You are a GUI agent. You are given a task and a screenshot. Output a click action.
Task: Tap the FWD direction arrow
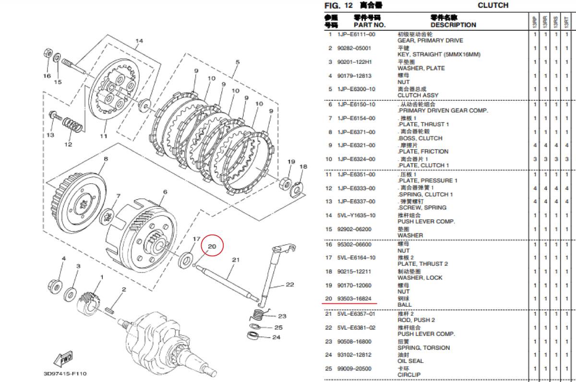coord(65,359)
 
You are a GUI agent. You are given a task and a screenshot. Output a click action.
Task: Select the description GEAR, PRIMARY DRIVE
coord(430,41)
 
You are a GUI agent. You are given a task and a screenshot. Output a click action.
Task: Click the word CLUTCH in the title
coord(493,5)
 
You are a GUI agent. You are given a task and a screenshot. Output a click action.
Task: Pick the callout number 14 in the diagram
coord(139,41)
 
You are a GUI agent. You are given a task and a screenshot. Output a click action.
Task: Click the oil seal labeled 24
coord(254,334)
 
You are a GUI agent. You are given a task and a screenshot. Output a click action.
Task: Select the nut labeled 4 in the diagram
coord(54,285)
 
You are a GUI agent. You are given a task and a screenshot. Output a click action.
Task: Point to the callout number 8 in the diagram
coord(105,158)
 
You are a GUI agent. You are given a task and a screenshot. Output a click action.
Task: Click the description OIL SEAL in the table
coord(410,361)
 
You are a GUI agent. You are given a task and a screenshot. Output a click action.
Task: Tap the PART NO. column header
coord(370,25)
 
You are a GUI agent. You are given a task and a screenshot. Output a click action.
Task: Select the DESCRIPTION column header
coord(453,25)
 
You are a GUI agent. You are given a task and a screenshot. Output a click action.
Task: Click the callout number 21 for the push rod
coord(235,260)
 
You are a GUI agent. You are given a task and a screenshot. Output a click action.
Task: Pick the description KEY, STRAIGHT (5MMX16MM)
coord(439,55)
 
